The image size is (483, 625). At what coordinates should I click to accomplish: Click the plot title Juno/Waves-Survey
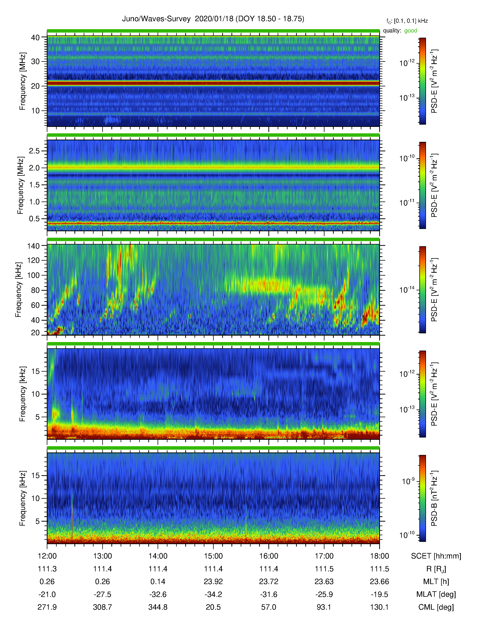156,19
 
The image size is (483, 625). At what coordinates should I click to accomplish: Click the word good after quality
411,31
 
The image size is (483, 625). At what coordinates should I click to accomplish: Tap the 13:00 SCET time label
102,556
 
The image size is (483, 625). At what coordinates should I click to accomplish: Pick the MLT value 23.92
213,581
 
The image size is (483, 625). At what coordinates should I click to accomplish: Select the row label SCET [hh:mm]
436,556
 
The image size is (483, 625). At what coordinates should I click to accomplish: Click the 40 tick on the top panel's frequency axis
35,37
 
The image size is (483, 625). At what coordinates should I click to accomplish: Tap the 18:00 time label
379,556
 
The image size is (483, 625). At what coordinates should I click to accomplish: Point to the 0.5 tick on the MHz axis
34,219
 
